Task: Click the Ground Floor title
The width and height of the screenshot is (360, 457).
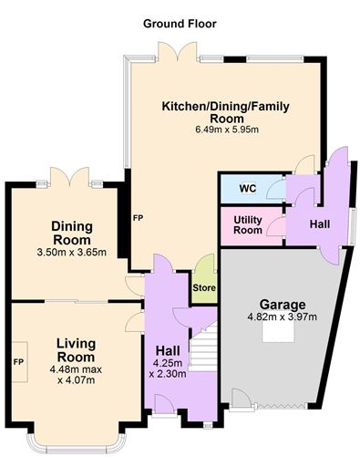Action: click(180, 24)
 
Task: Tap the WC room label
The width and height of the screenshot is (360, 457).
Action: click(248, 189)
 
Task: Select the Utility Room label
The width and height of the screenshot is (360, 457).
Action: click(248, 224)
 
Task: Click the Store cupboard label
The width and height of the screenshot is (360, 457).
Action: click(204, 287)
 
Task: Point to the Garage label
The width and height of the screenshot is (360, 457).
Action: click(283, 305)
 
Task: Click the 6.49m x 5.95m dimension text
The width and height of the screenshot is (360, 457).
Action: click(227, 130)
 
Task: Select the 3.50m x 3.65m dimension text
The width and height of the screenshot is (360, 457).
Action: click(72, 253)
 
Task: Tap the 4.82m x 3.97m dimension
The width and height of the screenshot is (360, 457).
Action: click(283, 317)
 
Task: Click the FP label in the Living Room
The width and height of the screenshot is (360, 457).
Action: click(18, 362)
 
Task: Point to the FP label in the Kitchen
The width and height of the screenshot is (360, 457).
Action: click(138, 218)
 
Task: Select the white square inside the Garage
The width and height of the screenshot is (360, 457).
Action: click(278, 331)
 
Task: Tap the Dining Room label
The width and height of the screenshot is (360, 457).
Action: click(72, 234)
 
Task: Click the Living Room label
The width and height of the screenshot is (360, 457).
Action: click(76, 350)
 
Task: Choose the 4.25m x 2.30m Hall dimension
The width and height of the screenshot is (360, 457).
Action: click(168, 369)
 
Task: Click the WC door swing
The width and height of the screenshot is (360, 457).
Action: click(275, 189)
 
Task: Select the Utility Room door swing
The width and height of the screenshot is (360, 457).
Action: click(276, 226)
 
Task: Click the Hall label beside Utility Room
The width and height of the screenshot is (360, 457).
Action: click(320, 224)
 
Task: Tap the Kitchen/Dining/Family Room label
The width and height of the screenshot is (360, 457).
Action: click(226, 112)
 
